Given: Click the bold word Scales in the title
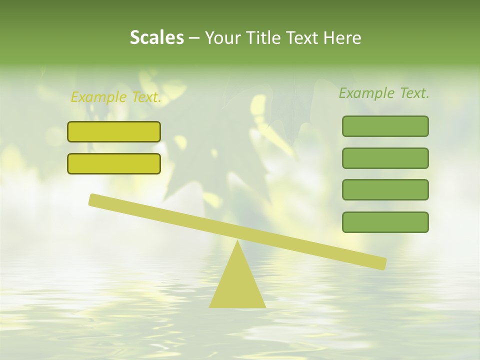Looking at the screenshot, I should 156,37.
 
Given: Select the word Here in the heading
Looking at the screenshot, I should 342,37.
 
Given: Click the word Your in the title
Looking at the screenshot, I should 223,37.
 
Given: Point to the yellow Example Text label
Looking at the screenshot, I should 116,97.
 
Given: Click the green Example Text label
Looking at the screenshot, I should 384,93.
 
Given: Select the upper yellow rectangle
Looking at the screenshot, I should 114,131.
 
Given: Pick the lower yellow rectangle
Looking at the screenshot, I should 114,163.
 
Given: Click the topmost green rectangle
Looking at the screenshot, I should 385,126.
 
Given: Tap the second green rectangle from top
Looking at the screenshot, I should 385,158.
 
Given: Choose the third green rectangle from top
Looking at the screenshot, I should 385,189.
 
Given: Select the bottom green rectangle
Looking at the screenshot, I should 385,222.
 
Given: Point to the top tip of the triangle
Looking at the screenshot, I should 237,242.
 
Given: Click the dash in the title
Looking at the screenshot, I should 194,38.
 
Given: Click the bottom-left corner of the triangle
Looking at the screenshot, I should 210,307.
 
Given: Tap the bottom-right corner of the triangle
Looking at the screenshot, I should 265,307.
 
